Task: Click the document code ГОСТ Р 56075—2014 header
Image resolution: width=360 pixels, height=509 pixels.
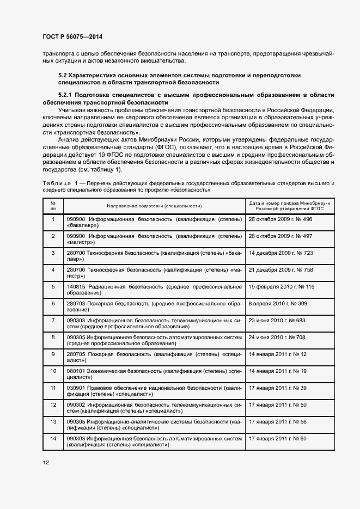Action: tap(72, 36)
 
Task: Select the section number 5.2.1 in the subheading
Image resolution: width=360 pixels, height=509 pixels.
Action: tap(66, 95)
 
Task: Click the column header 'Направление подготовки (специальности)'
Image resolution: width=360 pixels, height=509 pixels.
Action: tap(154, 206)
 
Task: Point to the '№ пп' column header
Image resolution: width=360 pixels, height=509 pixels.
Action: tap(53, 206)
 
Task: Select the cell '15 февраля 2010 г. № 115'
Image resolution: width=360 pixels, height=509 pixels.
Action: tap(281, 286)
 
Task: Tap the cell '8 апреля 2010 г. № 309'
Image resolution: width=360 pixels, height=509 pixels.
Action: tap(278, 303)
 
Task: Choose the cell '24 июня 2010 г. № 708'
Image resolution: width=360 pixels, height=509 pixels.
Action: tap(277, 337)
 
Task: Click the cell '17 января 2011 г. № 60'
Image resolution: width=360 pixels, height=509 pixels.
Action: tap(277, 438)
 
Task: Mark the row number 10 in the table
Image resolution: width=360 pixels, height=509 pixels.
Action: tap(53, 371)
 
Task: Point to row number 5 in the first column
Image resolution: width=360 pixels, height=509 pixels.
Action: tap(53, 286)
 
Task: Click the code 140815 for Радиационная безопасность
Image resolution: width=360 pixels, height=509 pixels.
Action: tap(76, 286)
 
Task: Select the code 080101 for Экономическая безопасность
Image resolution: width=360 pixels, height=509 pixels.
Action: tap(76, 371)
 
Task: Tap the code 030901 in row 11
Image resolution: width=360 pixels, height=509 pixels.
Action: tap(76, 388)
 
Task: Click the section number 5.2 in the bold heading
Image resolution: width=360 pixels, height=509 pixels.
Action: tap(62, 75)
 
